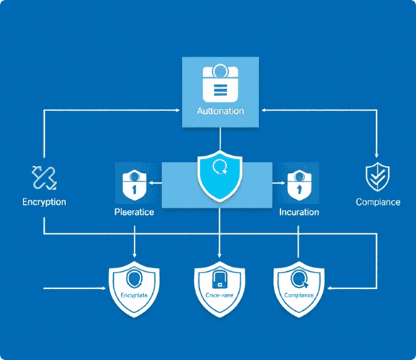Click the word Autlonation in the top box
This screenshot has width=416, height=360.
click(220, 112)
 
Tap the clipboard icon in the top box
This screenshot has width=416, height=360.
click(220, 83)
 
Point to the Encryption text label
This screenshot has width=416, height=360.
click(43, 202)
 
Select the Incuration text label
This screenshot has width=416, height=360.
click(299, 212)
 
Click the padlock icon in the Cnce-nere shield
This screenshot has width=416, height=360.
click(219, 282)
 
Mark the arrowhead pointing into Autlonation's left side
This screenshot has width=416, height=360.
click(178, 110)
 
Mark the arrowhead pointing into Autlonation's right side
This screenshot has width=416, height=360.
click(262, 110)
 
